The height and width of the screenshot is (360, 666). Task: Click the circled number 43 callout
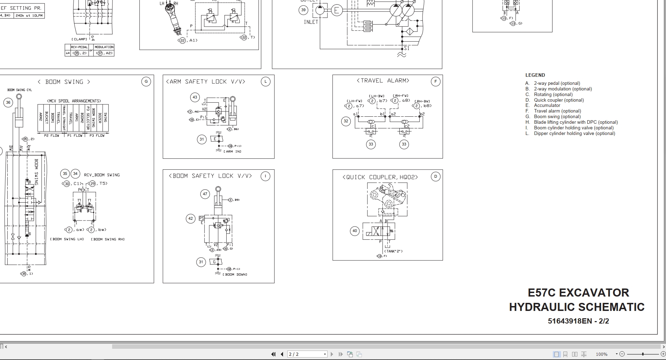point(195,97)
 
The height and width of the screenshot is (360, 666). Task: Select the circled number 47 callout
point(205,194)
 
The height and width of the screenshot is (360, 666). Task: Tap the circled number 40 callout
point(355,231)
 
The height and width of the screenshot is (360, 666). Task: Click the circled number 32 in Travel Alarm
point(346,121)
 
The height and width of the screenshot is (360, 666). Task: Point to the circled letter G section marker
point(146,82)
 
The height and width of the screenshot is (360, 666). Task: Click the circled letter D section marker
point(435,177)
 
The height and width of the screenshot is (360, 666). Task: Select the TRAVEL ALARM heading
point(383,81)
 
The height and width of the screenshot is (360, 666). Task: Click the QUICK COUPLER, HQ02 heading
point(380,177)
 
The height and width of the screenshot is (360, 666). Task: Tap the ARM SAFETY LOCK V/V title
point(206,82)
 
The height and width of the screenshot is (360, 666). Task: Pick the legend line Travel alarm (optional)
point(557,111)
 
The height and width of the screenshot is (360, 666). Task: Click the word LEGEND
point(535,75)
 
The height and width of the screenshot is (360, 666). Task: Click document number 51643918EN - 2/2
point(578,321)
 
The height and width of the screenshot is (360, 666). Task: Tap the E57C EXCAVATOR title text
point(578,293)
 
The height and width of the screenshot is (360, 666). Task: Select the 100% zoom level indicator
point(602,354)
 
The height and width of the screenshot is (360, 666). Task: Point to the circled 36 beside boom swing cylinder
point(8,102)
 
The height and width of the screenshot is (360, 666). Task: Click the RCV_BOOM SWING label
point(102,175)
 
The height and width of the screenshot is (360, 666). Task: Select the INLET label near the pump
point(311,22)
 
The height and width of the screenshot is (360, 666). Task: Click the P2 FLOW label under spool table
point(52,135)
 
